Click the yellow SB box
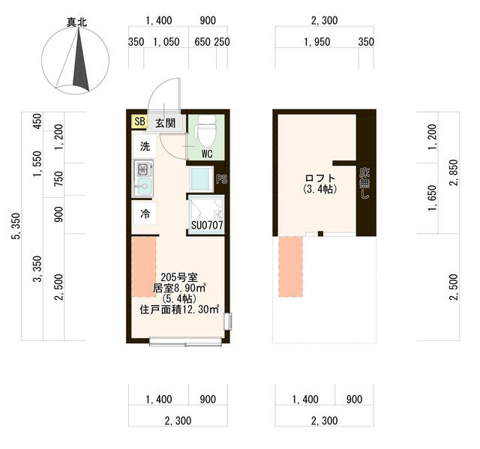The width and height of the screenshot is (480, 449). tap(139, 121)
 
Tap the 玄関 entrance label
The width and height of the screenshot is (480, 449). tap(165, 123)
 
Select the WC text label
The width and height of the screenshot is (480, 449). tap(207, 154)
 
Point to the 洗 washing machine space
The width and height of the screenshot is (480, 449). tap(145, 146)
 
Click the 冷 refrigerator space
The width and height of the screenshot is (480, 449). tap(145, 213)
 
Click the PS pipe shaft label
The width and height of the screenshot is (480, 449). tap(222, 179)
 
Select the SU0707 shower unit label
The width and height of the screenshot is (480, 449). tap(207, 226)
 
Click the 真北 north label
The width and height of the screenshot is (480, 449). tap(76, 22)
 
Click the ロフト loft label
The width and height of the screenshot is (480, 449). tap(320, 178)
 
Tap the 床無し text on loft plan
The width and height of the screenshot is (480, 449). tap(364, 183)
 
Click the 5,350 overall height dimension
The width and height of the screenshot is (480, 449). tap(16, 226)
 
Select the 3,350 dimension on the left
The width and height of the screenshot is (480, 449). tap(37, 269)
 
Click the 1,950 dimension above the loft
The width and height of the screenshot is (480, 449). tap(317, 42)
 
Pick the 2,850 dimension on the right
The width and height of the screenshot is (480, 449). tap(454, 172)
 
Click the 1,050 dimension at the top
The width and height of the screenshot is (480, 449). tap(166, 42)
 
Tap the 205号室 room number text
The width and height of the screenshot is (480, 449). tap(179, 277)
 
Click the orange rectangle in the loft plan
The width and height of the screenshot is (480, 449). tap(290, 266)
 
